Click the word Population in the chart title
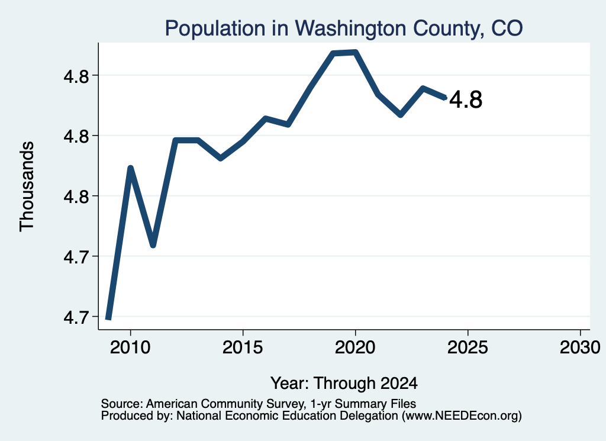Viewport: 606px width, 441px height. coord(215,29)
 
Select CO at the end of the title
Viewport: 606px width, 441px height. coord(507,28)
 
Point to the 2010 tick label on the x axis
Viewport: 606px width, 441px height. coord(130,347)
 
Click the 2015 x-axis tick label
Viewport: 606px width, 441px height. coord(243,347)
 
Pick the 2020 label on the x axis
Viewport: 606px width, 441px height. coord(355,347)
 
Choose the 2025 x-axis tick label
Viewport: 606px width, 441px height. coord(468,347)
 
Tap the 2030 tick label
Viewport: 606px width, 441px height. coord(580,347)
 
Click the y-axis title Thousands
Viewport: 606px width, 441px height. coord(27,186)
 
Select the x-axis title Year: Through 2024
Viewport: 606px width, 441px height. coord(344,383)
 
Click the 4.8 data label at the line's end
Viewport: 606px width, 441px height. coord(466,99)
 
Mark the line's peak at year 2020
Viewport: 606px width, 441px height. coord(355,52)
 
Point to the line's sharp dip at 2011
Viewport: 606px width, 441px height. coord(153,244)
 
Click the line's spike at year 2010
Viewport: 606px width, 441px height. coord(131,168)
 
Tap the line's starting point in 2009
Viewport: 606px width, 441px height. coord(109,318)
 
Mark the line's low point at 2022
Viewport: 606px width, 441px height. coord(401,115)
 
